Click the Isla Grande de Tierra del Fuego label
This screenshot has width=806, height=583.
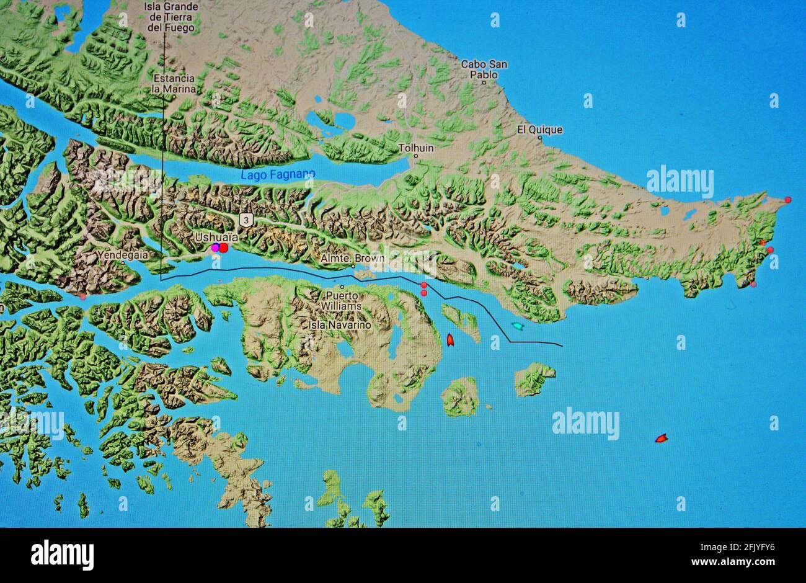171,17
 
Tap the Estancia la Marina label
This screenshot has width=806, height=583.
174,84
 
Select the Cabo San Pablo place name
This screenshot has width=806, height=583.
484,69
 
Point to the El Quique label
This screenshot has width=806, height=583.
540,130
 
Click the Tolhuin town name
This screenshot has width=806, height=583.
415,149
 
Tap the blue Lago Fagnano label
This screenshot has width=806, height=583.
278,175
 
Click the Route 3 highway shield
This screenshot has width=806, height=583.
247,220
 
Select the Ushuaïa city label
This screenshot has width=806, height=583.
212,237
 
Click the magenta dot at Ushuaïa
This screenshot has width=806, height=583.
215,248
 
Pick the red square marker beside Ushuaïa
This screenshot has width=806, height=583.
224,247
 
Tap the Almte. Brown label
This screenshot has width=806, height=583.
353,258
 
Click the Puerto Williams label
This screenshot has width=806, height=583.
342,301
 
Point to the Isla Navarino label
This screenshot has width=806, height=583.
340,324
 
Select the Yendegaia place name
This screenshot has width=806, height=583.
122,254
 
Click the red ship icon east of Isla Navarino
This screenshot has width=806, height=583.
450,339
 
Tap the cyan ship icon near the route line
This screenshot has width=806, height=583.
516,326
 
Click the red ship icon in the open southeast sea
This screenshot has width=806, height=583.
661,438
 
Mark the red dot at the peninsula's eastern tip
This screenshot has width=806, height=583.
787,200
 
